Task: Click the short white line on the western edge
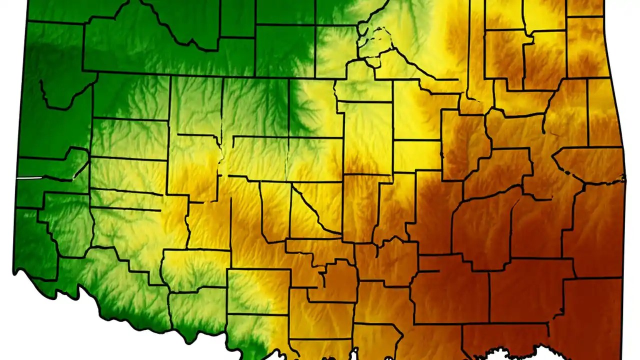point(28,177)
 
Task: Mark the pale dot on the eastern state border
point(623,178)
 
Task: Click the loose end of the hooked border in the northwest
point(41,82)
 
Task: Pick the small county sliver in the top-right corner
point(585,7)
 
